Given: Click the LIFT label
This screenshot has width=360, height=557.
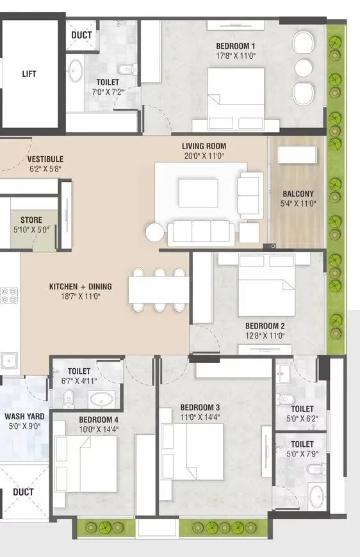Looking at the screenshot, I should (29, 74).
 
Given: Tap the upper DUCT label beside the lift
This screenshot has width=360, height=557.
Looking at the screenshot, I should (81, 35).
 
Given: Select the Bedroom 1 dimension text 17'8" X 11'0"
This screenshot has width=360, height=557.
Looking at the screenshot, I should (236, 56).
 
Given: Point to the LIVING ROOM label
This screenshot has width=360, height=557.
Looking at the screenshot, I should (204, 146).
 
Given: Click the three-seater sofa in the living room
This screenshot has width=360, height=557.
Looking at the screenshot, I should (201, 232).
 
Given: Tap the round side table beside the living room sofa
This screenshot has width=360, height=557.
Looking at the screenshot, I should (154, 232).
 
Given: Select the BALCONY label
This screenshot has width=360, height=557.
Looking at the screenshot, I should (298, 194).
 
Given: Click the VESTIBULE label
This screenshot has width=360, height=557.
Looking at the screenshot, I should (45, 159).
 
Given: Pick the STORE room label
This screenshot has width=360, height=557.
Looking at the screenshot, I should (31, 220).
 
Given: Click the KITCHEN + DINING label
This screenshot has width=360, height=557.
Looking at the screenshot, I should (76, 286).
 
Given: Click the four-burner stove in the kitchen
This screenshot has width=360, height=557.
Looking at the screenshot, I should (8, 295).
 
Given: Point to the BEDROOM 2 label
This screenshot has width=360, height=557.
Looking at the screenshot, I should (265, 326).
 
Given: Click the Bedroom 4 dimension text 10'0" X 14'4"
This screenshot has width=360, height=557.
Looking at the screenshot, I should (99, 430).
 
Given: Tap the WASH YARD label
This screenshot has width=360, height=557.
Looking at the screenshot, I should (23, 416).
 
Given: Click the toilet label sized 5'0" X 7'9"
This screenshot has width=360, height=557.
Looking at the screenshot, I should (302, 444).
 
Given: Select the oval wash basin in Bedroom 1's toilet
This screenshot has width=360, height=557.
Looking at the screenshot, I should (75, 70).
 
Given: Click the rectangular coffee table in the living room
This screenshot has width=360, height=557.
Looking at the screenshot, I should (198, 193).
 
